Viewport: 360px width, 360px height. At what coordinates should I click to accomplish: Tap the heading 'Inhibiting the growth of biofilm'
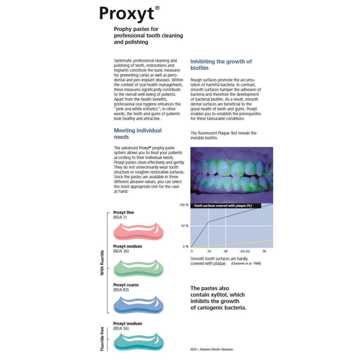pyautogui.click(x=221, y=65)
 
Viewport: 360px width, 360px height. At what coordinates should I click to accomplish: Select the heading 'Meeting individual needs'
pyautogui.click(x=137, y=134)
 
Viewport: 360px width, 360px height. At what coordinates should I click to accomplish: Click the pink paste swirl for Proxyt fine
pyautogui.click(x=138, y=231)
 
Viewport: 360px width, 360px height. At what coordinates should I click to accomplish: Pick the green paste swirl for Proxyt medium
pyautogui.click(x=138, y=268)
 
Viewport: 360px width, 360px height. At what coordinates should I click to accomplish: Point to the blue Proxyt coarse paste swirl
pyautogui.click(x=138, y=305)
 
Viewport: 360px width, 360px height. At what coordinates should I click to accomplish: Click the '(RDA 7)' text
pyautogui.click(x=120, y=218)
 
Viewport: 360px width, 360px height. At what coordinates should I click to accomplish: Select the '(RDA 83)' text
pyautogui.click(x=121, y=290)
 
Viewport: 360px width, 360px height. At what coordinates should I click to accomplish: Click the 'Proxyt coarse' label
pyautogui.click(x=126, y=285)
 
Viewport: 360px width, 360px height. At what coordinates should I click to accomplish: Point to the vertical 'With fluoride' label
pyautogui.click(x=102, y=263)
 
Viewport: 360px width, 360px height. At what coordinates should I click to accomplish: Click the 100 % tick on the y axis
pyautogui.click(x=184, y=205)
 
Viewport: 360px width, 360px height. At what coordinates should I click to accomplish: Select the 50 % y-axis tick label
pyautogui.click(x=185, y=226)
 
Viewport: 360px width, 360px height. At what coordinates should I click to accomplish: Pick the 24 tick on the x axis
pyautogui.click(x=208, y=252)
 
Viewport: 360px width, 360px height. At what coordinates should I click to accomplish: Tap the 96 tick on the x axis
pyautogui.click(x=264, y=252)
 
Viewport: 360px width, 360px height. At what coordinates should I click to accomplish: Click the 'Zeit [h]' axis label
pyautogui.click(x=245, y=252)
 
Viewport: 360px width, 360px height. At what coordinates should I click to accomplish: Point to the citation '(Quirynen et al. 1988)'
pyautogui.click(x=246, y=264)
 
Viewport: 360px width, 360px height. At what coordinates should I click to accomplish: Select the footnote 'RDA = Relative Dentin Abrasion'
pyautogui.click(x=211, y=349)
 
